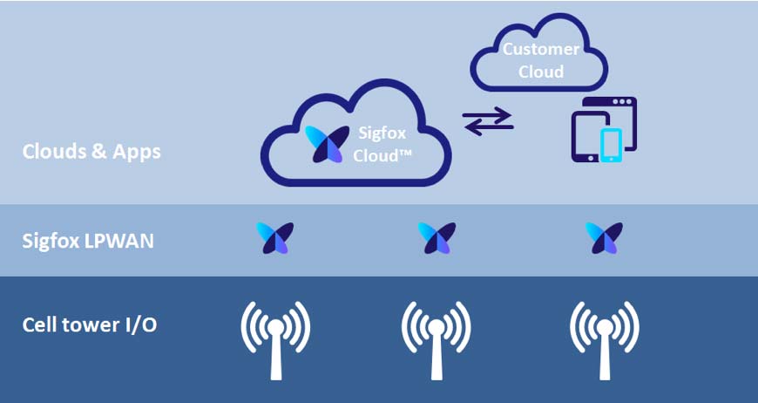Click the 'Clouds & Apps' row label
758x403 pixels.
point(91,151)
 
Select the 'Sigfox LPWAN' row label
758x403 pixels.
point(88,241)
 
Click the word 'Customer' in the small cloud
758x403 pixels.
point(541,50)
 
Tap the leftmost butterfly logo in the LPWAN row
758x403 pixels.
point(275,238)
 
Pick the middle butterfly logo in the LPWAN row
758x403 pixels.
point(437,238)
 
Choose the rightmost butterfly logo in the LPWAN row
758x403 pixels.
point(604,238)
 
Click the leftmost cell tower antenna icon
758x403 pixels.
point(275,337)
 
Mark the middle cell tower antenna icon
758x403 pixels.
point(437,337)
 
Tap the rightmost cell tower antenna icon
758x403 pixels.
point(605,337)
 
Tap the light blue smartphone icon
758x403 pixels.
point(612,144)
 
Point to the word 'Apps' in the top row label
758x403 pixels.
point(139,151)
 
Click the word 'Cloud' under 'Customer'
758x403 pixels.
point(541,72)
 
